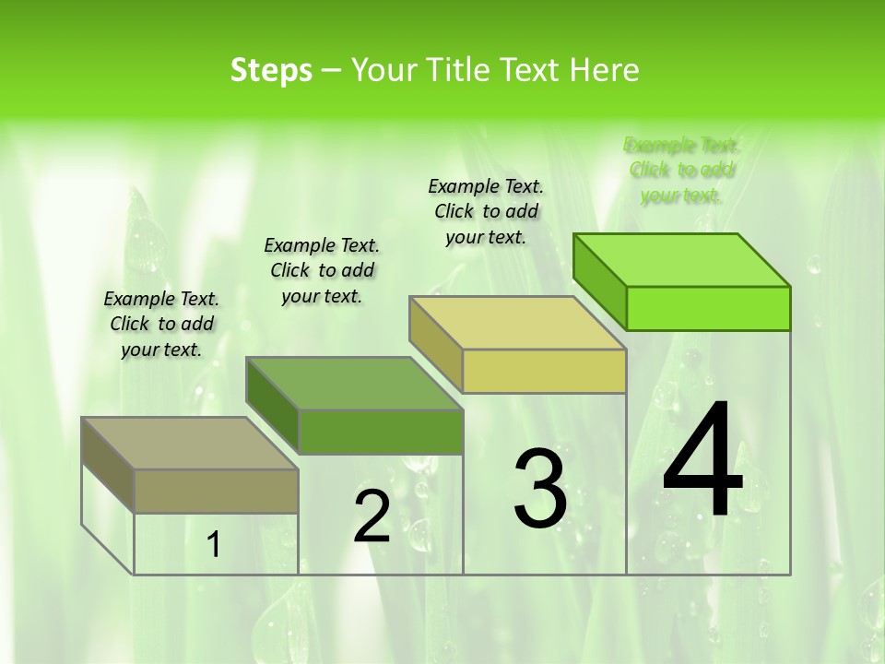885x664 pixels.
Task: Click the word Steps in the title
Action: [x=271, y=70]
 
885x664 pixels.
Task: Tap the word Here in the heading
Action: [x=604, y=70]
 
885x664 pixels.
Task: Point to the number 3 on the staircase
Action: [x=540, y=489]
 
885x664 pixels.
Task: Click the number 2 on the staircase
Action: [x=372, y=516]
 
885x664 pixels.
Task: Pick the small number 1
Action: [x=214, y=545]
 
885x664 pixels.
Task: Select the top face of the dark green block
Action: [x=355, y=384]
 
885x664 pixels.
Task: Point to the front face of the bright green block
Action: [x=708, y=308]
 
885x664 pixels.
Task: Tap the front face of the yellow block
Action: [x=544, y=371]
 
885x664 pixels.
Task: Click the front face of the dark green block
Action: [x=381, y=432]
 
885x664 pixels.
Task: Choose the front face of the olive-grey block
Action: [x=216, y=491]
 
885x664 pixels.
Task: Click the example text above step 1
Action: [x=161, y=324]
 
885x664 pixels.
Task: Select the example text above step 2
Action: [x=322, y=270]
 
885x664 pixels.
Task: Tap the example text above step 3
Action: [x=486, y=211]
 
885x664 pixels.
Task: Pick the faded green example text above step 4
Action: [x=682, y=170]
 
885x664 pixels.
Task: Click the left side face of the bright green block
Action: [x=600, y=281]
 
